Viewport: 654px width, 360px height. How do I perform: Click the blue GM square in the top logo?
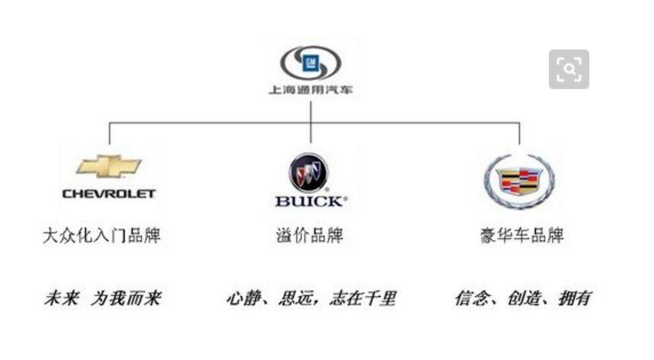click(311, 63)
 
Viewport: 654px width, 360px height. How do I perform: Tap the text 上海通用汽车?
click(311, 90)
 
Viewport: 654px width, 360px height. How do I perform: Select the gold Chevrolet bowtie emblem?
click(109, 167)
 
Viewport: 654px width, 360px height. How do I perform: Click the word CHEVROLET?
click(109, 194)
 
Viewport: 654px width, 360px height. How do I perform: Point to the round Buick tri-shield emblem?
click(308, 173)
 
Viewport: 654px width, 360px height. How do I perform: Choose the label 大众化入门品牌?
click(102, 236)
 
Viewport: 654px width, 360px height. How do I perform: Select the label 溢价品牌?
click(309, 236)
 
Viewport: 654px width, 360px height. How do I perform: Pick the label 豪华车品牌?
click(522, 236)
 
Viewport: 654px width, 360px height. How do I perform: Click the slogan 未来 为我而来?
click(103, 298)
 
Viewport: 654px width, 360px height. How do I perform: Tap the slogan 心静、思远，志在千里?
click(311, 298)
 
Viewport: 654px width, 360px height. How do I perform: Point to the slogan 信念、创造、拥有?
click(523, 298)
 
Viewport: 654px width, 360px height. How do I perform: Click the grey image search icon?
click(569, 69)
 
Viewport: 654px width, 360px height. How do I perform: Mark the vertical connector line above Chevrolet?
click(110, 133)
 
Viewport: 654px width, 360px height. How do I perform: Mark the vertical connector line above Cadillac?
click(519, 133)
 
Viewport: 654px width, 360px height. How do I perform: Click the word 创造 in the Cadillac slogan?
click(524, 298)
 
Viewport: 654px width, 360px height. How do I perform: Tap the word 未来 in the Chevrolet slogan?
click(62, 298)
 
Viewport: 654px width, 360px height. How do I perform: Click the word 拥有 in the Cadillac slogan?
click(575, 298)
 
